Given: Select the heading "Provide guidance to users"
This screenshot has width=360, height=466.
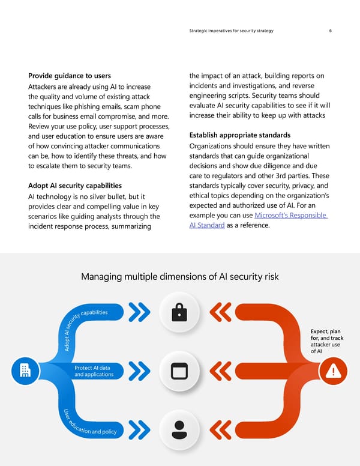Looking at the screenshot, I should [x=70, y=76].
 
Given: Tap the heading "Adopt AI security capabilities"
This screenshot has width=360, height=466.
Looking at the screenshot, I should [x=75, y=186].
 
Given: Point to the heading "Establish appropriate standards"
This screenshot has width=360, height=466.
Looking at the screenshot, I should [x=239, y=135].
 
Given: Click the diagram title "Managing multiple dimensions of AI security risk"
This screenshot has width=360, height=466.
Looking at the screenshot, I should [x=179, y=277].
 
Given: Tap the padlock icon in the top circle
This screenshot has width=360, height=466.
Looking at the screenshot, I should [x=179, y=312].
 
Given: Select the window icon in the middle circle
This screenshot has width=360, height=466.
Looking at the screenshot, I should [x=179, y=371].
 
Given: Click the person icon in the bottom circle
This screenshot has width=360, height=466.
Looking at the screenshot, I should [x=179, y=429].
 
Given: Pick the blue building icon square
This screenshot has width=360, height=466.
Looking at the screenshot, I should [x=25, y=371].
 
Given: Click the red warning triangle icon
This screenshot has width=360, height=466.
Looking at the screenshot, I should [x=332, y=371].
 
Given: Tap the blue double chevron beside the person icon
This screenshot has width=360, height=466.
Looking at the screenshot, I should [x=139, y=429].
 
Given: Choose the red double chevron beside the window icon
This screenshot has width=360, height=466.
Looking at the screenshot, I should [x=220, y=371].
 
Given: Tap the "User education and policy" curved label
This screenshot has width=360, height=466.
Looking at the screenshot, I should [x=90, y=426].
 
